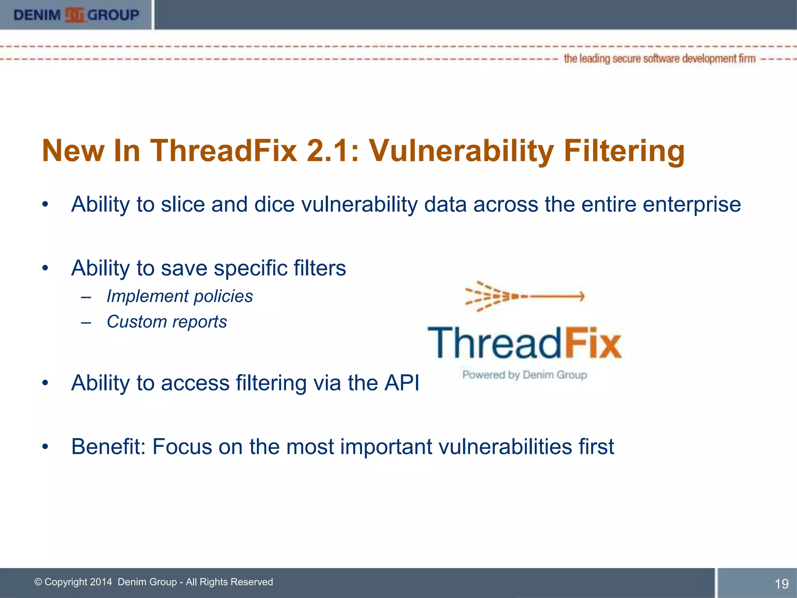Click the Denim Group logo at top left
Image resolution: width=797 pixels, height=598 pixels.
click(x=76, y=15)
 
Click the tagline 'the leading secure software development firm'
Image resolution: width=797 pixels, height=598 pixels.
click(x=659, y=59)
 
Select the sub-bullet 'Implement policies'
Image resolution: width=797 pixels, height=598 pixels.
click(x=179, y=296)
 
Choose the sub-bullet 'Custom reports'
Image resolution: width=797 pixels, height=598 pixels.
click(x=167, y=322)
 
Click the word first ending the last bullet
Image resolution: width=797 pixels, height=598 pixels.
click(x=596, y=447)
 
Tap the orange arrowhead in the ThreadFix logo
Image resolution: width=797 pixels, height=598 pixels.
click(x=581, y=296)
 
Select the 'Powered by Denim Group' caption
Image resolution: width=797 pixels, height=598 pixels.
click(x=524, y=375)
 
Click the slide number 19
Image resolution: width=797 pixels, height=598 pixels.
click(x=781, y=584)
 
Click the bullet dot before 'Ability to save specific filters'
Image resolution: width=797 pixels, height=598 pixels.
click(x=46, y=268)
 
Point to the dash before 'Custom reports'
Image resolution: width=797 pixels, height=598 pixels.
click(x=86, y=323)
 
